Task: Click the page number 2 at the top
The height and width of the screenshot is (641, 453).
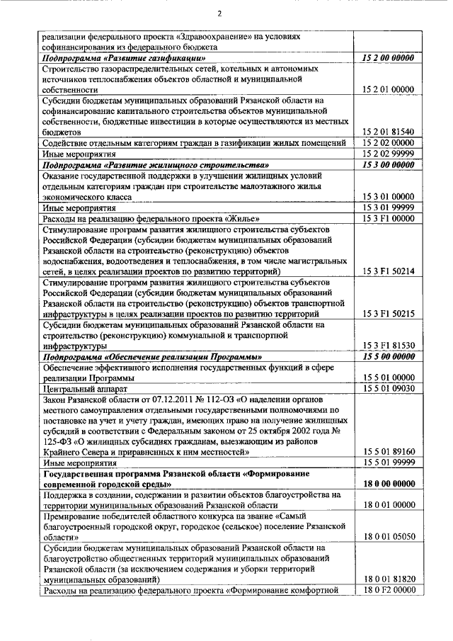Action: click(219, 13)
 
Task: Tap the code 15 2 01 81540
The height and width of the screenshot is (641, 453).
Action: click(387, 132)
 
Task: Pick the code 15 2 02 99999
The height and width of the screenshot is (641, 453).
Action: click(387, 153)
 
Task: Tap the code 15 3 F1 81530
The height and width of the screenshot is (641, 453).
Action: click(387, 346)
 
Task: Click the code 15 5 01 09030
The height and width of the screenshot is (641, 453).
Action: click(387, 388)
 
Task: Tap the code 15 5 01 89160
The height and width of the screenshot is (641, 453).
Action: click(387, 452)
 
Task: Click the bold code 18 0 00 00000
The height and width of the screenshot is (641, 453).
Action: click(387, 484)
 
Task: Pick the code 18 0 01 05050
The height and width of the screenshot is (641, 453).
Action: click(387, 537)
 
